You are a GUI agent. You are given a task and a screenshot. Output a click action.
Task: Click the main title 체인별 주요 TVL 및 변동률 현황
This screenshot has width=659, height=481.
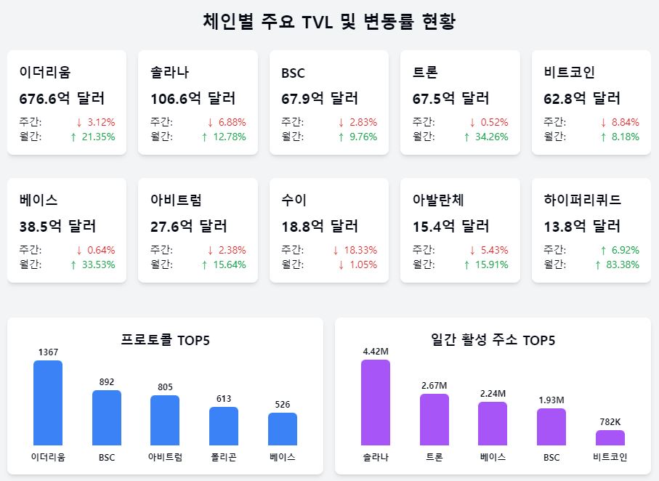click(x=329, y=21)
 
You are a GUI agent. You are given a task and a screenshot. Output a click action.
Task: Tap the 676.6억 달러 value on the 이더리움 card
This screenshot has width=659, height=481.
click(x=62, y=98)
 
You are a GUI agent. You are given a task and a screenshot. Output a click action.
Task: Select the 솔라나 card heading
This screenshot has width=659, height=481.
click(x=169, y=73)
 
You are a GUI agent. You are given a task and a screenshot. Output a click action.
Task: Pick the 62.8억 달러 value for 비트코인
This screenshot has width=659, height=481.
click(x=582, y=98)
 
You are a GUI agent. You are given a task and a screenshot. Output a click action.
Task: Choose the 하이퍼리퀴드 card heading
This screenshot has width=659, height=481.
click(x=582, y=200)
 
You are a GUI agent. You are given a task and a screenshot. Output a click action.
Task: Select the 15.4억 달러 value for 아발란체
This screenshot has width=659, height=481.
click(x=450, y=226)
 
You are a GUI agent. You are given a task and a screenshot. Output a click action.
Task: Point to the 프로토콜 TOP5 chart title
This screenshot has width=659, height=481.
click(x=165, y=340)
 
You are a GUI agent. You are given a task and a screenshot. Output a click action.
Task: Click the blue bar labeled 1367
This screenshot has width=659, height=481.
click(x=48, y=403)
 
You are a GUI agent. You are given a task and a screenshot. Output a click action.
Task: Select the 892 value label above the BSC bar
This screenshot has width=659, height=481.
click(x=107, y=382)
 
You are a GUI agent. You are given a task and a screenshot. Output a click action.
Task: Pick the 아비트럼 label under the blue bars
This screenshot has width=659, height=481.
click(x=165, y=457)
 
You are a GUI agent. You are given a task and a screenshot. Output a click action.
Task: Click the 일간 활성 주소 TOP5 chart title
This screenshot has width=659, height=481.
click(x=493, y=340)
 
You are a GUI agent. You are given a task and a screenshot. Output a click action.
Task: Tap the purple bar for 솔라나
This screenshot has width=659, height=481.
click(x=376, y=403)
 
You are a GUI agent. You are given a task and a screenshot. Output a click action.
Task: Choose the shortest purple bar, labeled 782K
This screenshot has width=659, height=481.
click(x=610, y=437)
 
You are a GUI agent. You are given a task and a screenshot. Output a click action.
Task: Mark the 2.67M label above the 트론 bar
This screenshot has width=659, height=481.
click(x=434, y=385)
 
